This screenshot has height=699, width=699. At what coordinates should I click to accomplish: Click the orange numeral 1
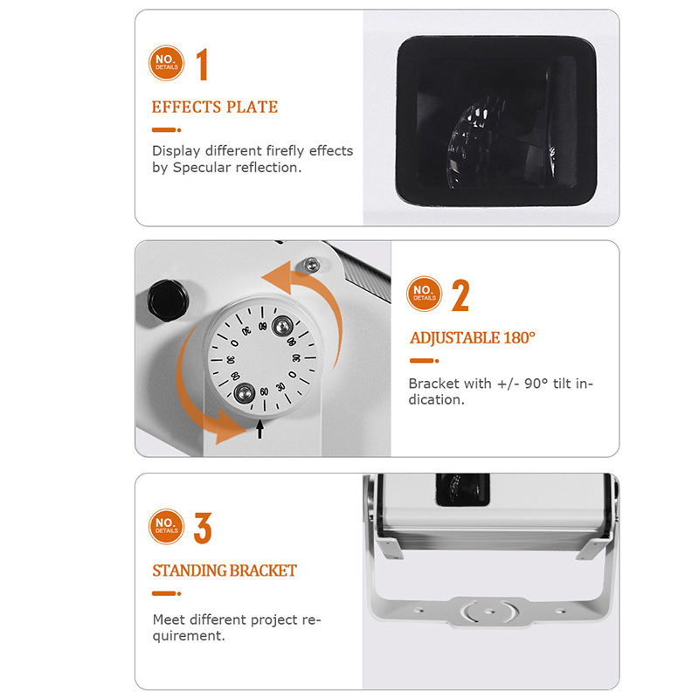[203, 64]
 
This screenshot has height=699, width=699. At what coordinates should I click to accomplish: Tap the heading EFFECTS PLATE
[214, 107]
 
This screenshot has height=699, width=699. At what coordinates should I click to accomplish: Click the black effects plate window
[496, 121]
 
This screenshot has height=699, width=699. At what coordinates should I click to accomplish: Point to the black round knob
[168, 300]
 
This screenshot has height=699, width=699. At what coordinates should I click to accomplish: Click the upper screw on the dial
[282, 326]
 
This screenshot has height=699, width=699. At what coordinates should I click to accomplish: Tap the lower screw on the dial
[244, 393]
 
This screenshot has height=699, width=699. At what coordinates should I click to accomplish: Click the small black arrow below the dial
[260, 429]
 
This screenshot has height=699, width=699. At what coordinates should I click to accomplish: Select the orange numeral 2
[460, 295]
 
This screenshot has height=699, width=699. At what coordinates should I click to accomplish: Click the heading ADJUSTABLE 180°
[473, 338]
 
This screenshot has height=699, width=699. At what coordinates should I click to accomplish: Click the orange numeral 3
[203, 528]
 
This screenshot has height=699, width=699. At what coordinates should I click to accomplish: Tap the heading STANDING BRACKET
[225, 571]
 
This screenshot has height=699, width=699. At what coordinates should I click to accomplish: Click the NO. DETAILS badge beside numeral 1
[166, 63]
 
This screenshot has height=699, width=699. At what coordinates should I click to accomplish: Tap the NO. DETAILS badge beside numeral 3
[166, 527]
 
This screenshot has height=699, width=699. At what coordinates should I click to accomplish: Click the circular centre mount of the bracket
[489, 611]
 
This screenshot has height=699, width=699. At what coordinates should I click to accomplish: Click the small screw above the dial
[311, 265]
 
